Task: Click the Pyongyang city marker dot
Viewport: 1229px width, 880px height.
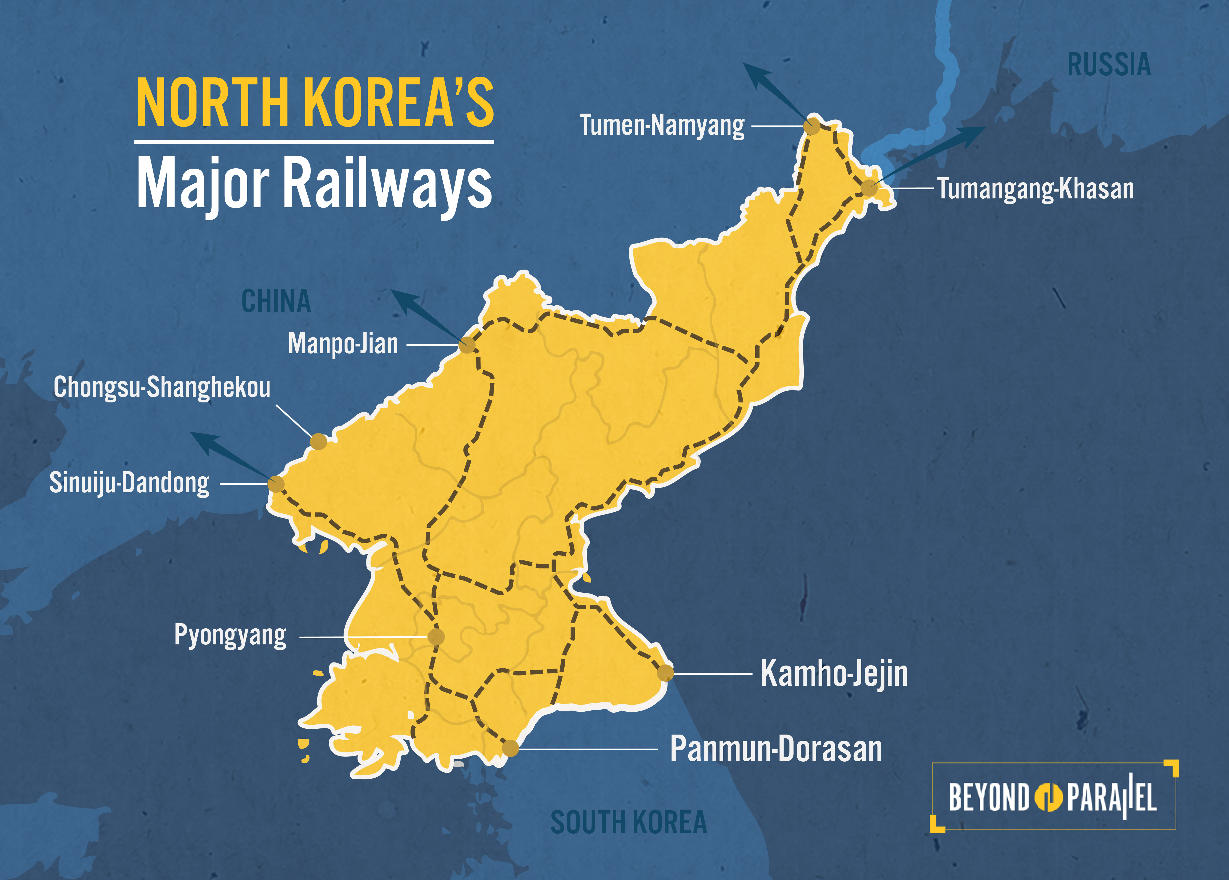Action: [x=436, y=637]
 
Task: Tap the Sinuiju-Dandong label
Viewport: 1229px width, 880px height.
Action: [x=129, y=483]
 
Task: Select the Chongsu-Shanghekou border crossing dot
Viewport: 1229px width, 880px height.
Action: [x=319, y=441]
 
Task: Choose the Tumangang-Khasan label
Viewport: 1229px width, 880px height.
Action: [x=1036, y=188]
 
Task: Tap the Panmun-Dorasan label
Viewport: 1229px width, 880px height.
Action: [x=776, y=749]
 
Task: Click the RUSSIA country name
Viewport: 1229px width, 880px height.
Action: [x=1109, y=65]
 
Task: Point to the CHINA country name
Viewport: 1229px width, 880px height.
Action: [x=276, y=301]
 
